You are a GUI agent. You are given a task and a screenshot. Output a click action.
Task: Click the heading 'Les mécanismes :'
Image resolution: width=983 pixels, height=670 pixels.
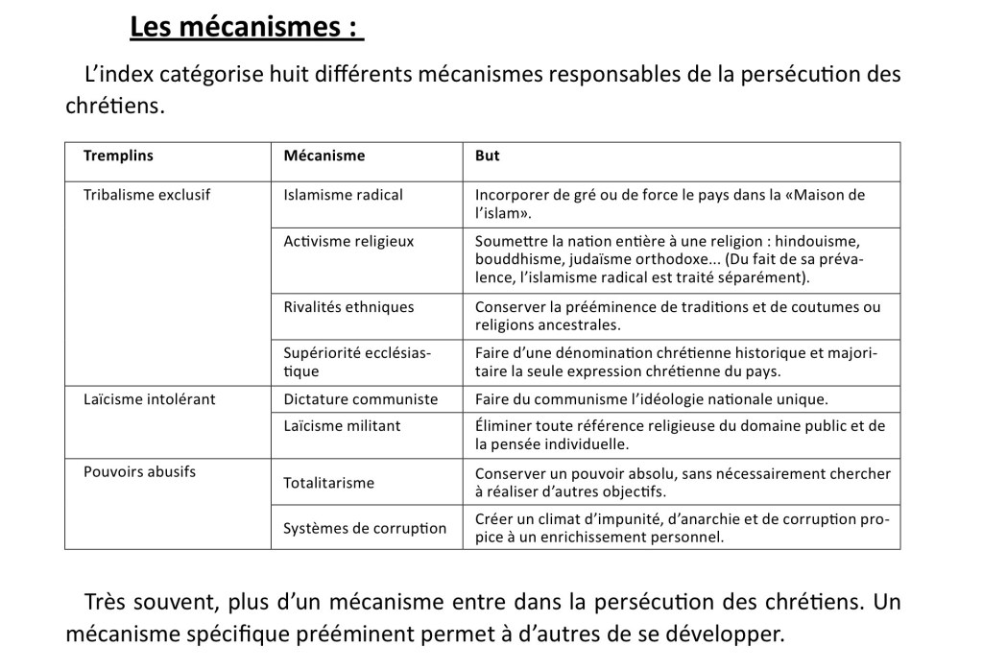pyautogui.click(x=247, y=27)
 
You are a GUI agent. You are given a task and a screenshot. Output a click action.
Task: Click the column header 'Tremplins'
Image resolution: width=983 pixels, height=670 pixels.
pyautogui.click(x=118, y=156)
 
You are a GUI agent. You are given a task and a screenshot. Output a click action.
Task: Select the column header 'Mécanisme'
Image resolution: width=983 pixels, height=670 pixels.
pyautogui.click(x=324, y=156)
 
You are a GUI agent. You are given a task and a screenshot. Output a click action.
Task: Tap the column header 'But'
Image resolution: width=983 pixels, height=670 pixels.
pyautogui.click(x=488, y=156)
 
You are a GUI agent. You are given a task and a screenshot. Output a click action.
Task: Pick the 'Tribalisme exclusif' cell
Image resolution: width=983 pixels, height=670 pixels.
pyautogui.click(x=147, y=195)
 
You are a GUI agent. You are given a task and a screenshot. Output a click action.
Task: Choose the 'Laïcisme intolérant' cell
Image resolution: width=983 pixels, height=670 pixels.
pyautogui.click(x=149, y=398)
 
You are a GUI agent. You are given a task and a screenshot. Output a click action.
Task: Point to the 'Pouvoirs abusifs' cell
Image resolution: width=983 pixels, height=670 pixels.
pyautogui.click(x=139, y=471)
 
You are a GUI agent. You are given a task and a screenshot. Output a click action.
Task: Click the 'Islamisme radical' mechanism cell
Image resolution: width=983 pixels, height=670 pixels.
pyautogui.click(x=344, y=195)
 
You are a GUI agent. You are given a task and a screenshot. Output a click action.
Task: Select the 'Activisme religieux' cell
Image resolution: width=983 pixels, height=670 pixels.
pyautogui.click(x=348, y=241)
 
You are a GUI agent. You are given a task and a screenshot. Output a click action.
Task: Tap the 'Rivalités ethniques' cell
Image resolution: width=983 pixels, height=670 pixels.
pyautogui.click(x=348, y=307)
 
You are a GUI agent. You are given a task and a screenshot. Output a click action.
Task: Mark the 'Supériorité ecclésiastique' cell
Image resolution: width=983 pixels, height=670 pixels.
pyautogui.click(x=357, y=362)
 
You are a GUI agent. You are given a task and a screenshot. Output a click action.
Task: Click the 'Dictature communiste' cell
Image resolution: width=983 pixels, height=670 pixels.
pyautogui.click(x=361, y=398)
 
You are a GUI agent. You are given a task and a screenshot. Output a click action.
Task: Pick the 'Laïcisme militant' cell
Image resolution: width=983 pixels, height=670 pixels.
pyautogui.click(x=342, y=425)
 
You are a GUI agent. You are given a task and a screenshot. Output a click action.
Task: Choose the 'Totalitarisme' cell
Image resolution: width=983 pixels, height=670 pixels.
pyautogui.click(x=328, y=483)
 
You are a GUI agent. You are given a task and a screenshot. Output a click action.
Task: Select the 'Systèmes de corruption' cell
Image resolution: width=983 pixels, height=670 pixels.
pyautogui.click(x=365, y=528)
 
